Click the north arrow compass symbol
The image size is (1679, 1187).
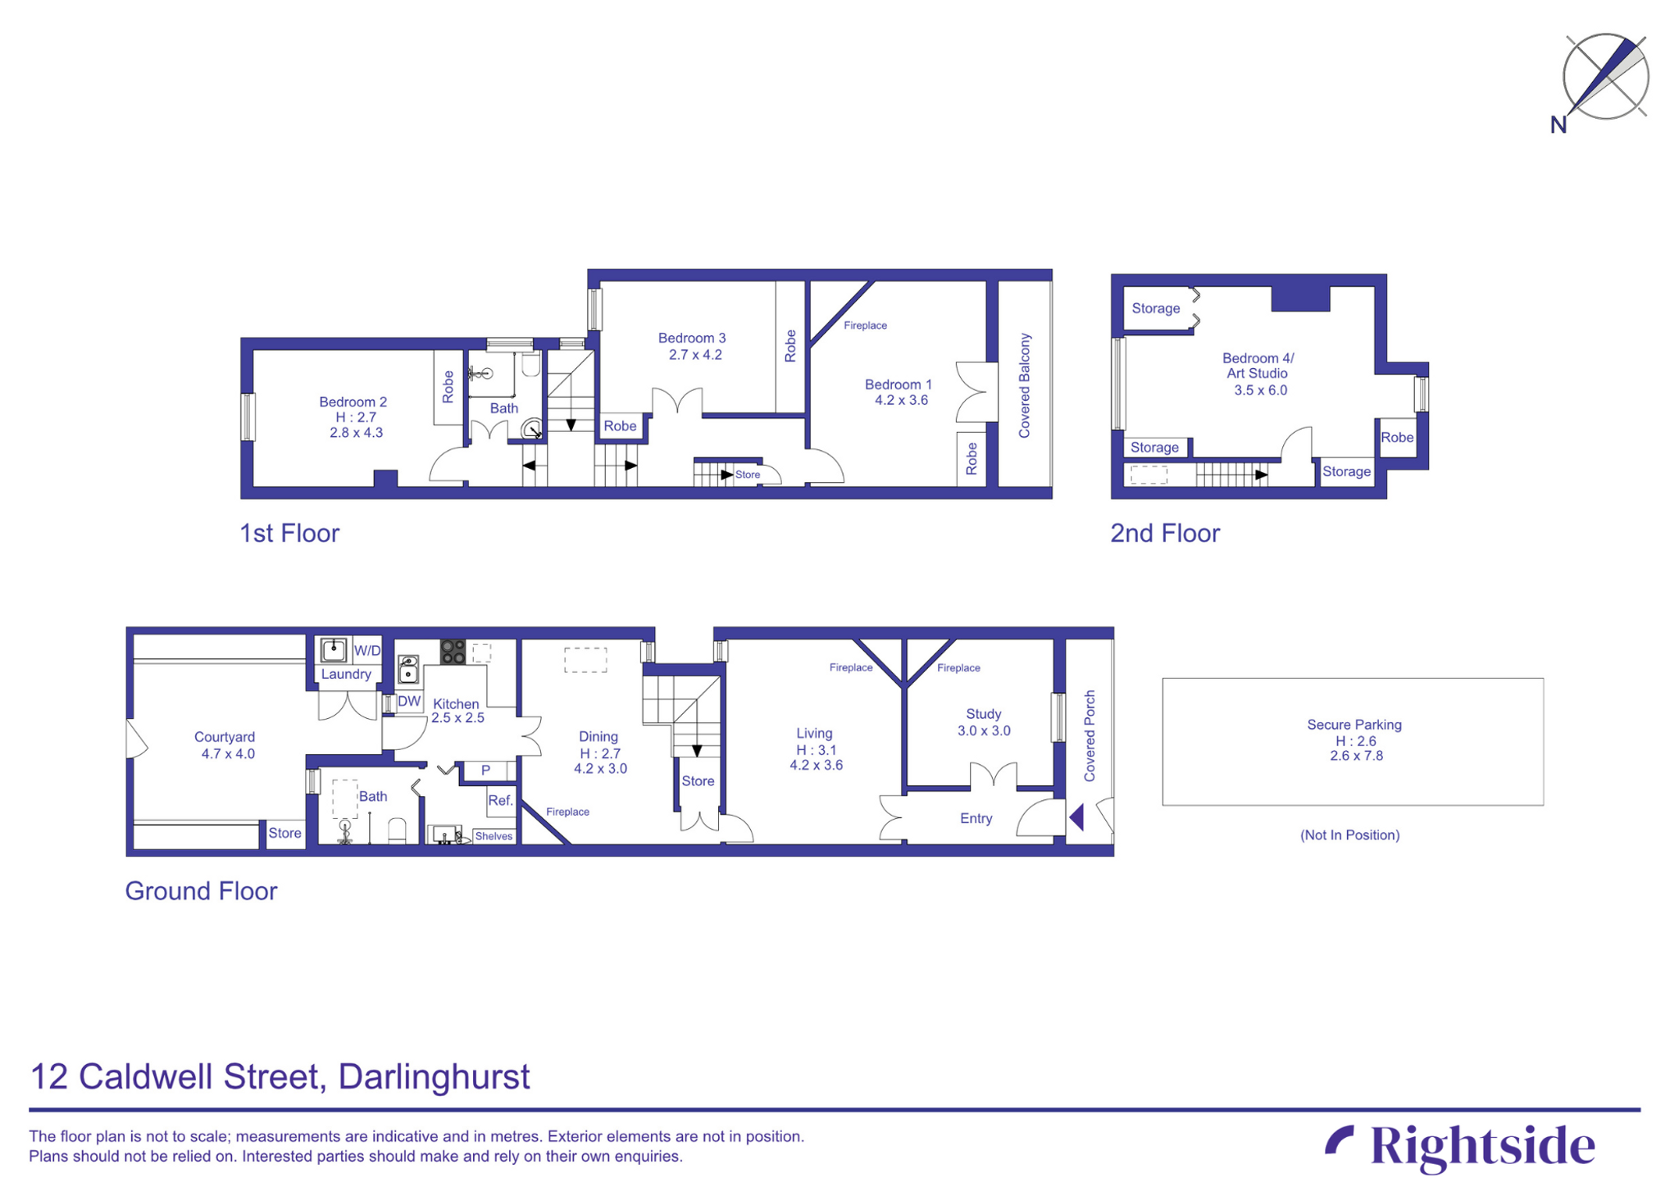[1604, 78]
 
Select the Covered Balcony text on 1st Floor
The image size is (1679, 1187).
[1024, 385]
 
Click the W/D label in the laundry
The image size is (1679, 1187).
[366, 651]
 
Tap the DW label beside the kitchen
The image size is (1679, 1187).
[408, 702]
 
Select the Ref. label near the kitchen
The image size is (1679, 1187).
[499, 800]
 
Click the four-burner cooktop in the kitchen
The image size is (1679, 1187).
[453, 652]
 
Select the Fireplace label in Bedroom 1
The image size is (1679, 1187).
[865, 325]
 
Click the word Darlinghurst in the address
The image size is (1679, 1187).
[434, 1076]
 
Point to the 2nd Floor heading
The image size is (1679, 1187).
[1164, 533]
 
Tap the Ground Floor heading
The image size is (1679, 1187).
[201, 890]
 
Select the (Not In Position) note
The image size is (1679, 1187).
[1349, 835]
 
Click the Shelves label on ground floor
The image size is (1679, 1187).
[494, 836]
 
